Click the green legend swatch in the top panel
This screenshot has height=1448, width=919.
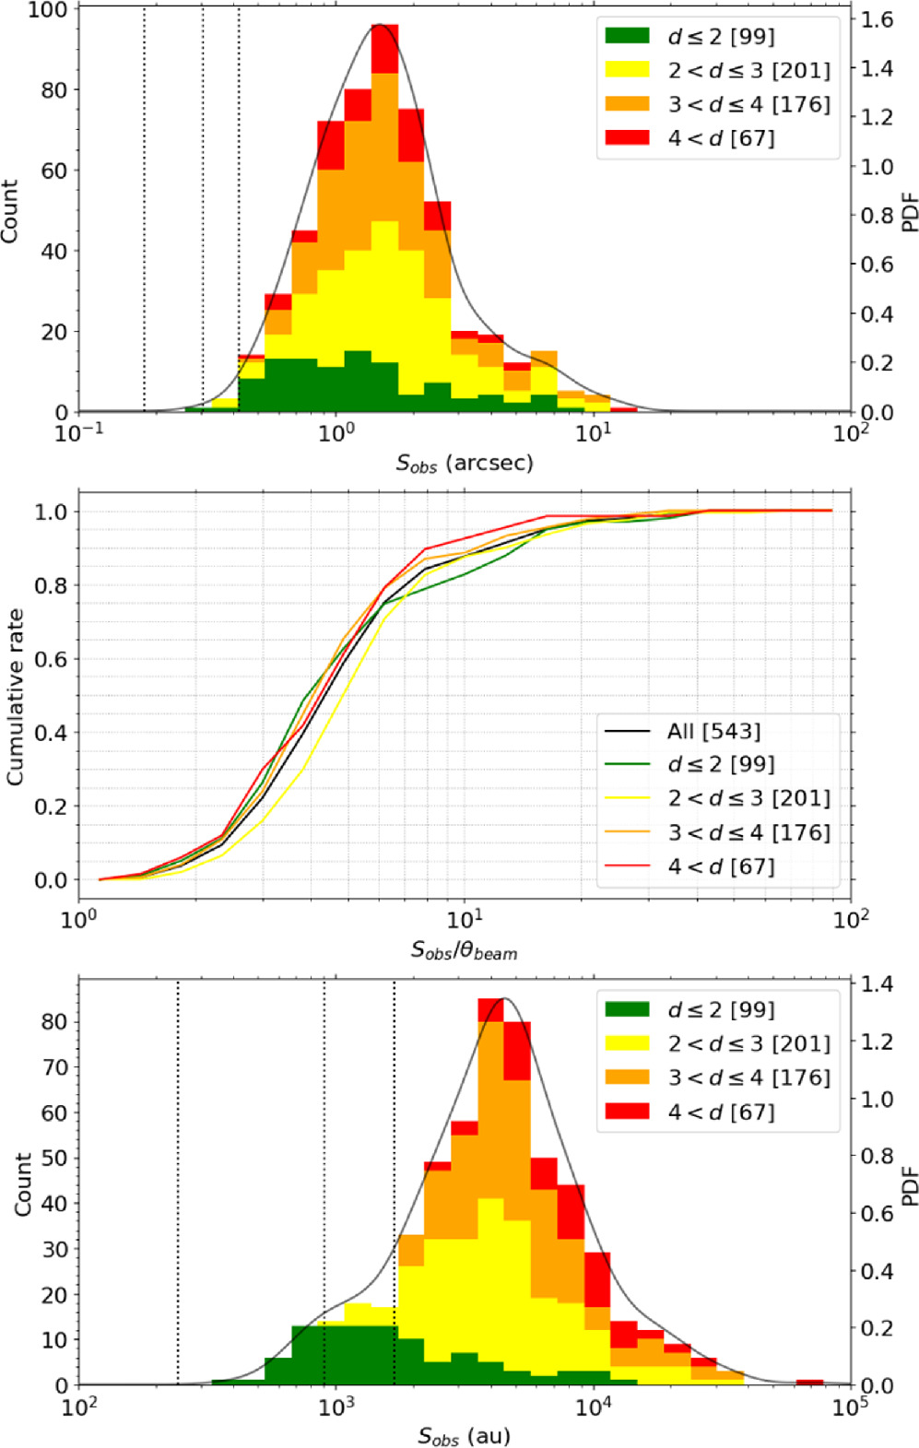click(627, 37)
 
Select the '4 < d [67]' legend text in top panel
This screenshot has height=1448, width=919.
click(721, 138)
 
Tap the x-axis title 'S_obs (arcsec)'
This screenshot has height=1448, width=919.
click(465, 463)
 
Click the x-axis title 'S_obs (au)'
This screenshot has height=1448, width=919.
click(464, 1435)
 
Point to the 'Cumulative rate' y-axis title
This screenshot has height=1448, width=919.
click(15, 697)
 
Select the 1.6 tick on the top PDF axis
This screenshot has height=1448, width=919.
click(877, 20)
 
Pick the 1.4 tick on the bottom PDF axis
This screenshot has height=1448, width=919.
click(877, 984)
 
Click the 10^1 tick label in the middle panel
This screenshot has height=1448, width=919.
click(465, 919)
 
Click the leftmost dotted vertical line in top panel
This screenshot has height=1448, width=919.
click(145, 212)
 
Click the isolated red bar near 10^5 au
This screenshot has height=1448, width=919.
click(809, 1382)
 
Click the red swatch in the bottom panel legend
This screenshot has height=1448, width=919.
click(627, 1112)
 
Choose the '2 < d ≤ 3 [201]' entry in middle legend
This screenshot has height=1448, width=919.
click(748, 799)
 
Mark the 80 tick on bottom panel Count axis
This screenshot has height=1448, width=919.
click(55, 1021)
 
